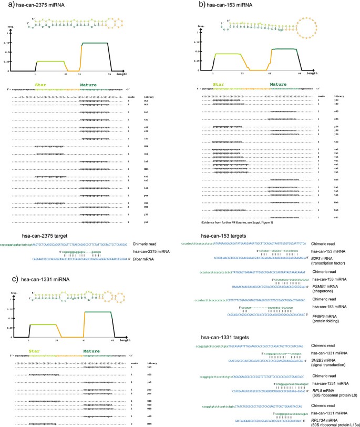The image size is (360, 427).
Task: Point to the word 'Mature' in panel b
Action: click(x=278, y=83)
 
